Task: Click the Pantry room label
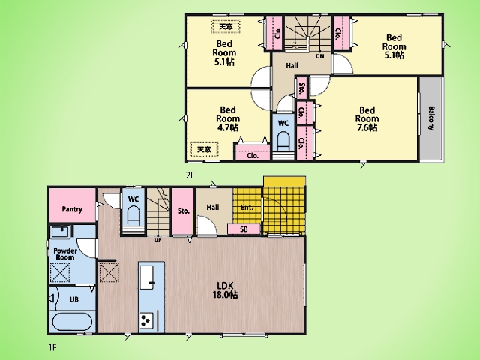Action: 72,209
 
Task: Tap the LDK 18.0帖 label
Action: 226,290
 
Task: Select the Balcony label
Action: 431,118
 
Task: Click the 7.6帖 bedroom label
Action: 367,118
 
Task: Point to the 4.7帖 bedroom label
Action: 228,118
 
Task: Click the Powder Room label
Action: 65,253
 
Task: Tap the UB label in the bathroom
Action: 74,299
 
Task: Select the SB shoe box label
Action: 244,229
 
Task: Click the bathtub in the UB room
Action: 72,322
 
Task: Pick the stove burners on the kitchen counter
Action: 146,320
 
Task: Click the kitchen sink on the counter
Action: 147,277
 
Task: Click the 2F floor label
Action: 190,175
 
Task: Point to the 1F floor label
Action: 52,347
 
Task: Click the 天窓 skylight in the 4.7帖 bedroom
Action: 204,150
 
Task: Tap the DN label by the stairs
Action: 320,56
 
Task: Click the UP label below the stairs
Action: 157,240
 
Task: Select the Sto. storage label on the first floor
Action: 184,211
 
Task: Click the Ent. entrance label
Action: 247,208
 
